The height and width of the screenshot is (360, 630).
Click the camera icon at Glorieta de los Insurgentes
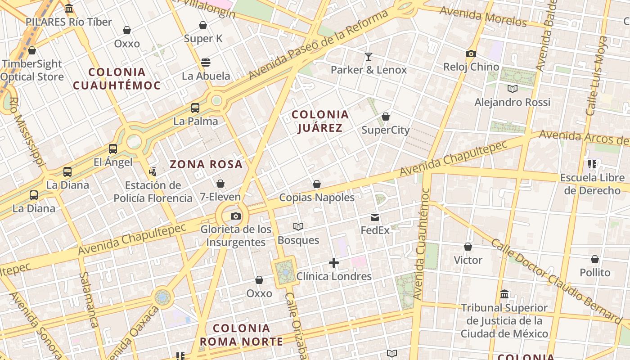click(235, 216)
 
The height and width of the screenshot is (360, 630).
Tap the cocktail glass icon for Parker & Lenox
click(369, 57)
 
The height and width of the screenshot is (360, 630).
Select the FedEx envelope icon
click(375, 218)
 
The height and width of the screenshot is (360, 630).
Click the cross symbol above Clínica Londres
click(333, 263)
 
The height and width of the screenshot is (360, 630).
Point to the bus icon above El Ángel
click(112, 149)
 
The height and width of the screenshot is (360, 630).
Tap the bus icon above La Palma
click(195, 108)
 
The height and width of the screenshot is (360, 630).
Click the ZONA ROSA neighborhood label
click(206, 165)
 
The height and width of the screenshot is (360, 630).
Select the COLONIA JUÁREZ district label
click(320, 121)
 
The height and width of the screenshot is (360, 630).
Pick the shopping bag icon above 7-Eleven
click(220, 184)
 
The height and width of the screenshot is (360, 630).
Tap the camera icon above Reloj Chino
click(471, 54)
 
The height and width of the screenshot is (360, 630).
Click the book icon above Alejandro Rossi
click(512, 89)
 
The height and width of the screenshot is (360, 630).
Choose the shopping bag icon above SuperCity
click(386, 117)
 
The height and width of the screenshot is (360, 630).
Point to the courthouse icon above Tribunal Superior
click(504, 294)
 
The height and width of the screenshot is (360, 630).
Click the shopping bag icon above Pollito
click(595, 260)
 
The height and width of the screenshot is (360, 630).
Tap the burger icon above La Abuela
click(206, 63)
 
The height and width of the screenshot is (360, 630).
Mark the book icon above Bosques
click(298, 227)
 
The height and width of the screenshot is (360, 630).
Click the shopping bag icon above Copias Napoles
click(317, 184)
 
